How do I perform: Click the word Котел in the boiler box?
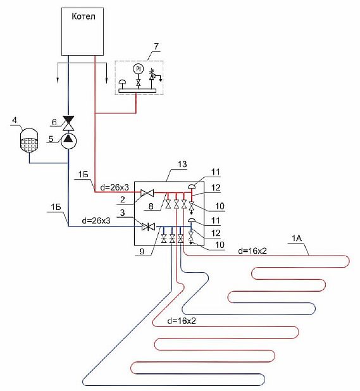coord(84,16)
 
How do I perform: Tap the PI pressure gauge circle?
coord(138,69)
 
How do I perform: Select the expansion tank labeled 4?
coord(29,140)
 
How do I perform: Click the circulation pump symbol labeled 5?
coord(68,141)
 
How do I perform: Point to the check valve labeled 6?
coord(68,123)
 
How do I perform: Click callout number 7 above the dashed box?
coord(156,46)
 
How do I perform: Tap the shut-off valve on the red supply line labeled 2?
coord(147,192)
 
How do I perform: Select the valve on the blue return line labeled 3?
coord(148,227)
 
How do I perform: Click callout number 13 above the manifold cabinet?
coord(182,164)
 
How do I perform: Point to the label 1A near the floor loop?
coord(297,239)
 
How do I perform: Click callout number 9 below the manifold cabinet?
coord(142,251)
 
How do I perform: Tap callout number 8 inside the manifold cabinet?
coord(151,206)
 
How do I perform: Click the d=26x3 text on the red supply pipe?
coord(115,187)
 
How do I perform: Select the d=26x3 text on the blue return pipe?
coord(96,220)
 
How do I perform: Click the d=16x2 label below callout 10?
coord(252,251)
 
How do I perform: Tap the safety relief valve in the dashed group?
coord(152,75)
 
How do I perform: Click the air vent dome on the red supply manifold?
coord(192,186)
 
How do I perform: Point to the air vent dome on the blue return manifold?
coord(191,220)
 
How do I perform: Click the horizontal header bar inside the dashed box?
coord(137,90)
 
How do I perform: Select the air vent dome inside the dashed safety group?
coord(122,82)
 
